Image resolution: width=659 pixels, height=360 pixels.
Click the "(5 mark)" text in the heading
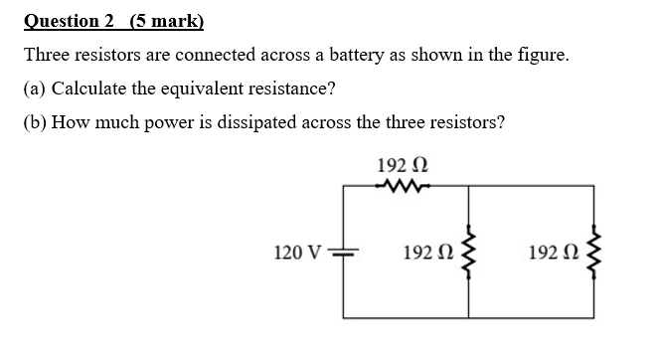pos(166,20)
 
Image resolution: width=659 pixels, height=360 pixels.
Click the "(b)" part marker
pos(36,122)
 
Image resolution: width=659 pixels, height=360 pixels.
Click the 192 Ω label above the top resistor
pos(403,164)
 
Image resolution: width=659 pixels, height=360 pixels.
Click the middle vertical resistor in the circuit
pos(469,251)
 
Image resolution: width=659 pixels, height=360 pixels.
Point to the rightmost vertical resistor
pos(596,251)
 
